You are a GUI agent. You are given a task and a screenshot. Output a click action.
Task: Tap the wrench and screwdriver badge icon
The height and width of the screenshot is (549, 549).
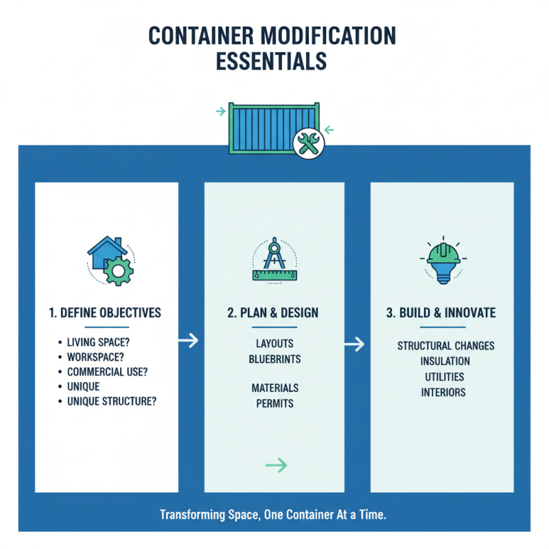307,143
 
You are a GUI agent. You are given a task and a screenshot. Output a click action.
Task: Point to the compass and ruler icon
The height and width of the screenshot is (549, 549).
274,261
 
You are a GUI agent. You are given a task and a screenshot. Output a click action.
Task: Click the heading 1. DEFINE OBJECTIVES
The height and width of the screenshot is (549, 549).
105,313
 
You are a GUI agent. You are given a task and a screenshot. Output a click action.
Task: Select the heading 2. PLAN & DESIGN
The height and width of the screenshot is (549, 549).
273,313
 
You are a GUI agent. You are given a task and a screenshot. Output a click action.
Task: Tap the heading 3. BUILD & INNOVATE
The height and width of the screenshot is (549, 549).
441,313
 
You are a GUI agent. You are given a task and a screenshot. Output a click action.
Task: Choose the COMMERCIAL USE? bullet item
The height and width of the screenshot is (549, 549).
107,372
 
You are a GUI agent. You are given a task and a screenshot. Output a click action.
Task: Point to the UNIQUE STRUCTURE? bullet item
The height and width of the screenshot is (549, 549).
112,401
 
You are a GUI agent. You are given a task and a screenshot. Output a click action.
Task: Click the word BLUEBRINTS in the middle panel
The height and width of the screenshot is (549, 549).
274,359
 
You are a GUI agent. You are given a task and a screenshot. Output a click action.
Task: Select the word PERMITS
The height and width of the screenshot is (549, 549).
274,403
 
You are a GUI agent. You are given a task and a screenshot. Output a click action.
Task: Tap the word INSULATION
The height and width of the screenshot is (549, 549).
445,361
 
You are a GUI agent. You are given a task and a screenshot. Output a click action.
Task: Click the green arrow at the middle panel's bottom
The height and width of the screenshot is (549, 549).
276,466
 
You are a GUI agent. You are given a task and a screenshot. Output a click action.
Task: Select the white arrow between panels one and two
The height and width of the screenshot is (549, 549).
188,339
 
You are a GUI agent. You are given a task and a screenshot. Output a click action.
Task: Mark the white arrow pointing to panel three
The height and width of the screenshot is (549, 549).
355,344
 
